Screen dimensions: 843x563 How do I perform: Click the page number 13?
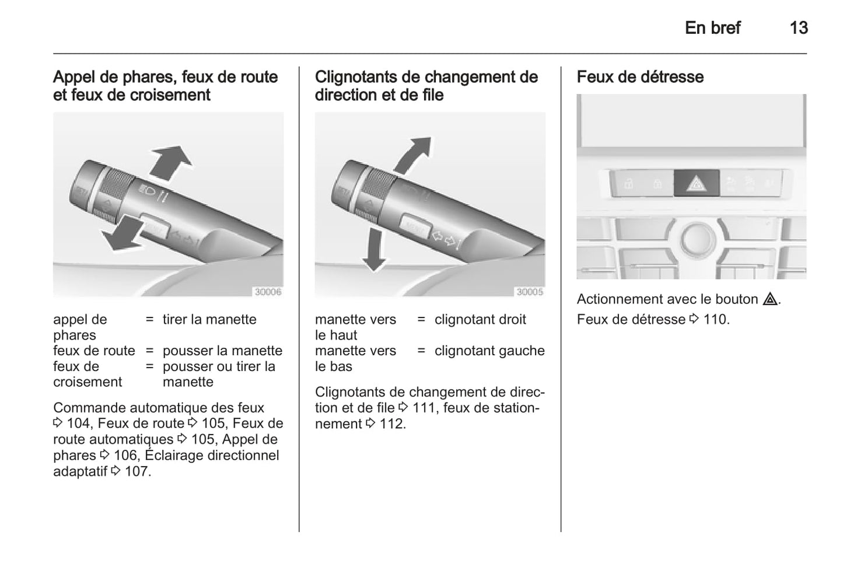pyautogui.click(x=799, y=28)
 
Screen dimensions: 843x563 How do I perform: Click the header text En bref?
pyautogui.click(x=712, y=28)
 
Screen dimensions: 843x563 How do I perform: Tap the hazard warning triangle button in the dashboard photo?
pyautogui.click(x=696, y=183)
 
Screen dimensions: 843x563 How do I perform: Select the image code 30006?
pyautogui.click(x=268, y=292)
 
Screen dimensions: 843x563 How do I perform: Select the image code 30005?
pyautogui.click(x=530, y=292)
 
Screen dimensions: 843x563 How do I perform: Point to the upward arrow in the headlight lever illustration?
pyautogui.click(x=170, y=163)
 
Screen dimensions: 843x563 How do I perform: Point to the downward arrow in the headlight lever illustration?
pyautogui.click(x=123, y=233)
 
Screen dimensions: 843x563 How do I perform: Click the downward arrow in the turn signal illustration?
pyautogui.click(x=373, y=249)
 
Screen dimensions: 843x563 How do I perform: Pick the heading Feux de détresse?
pyautogui.click(x=640, y=77)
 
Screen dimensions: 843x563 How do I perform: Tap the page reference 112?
pyautogui.click(x=392, y=424)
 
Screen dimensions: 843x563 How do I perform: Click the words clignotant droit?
pyautogui.click(x=480, y=320)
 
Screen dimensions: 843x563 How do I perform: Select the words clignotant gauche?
pyautogui.click(x=489, y=351)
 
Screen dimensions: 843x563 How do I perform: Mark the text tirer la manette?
pyautogui.click(x=209, y=320)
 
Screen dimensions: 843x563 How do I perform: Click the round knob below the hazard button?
pyautogui.click(x=697, y=239)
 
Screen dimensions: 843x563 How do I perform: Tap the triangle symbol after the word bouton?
pyautogui.click(x=770, y=299)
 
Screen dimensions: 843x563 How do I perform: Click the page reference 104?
pyautogui.click(x=79, y=424)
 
